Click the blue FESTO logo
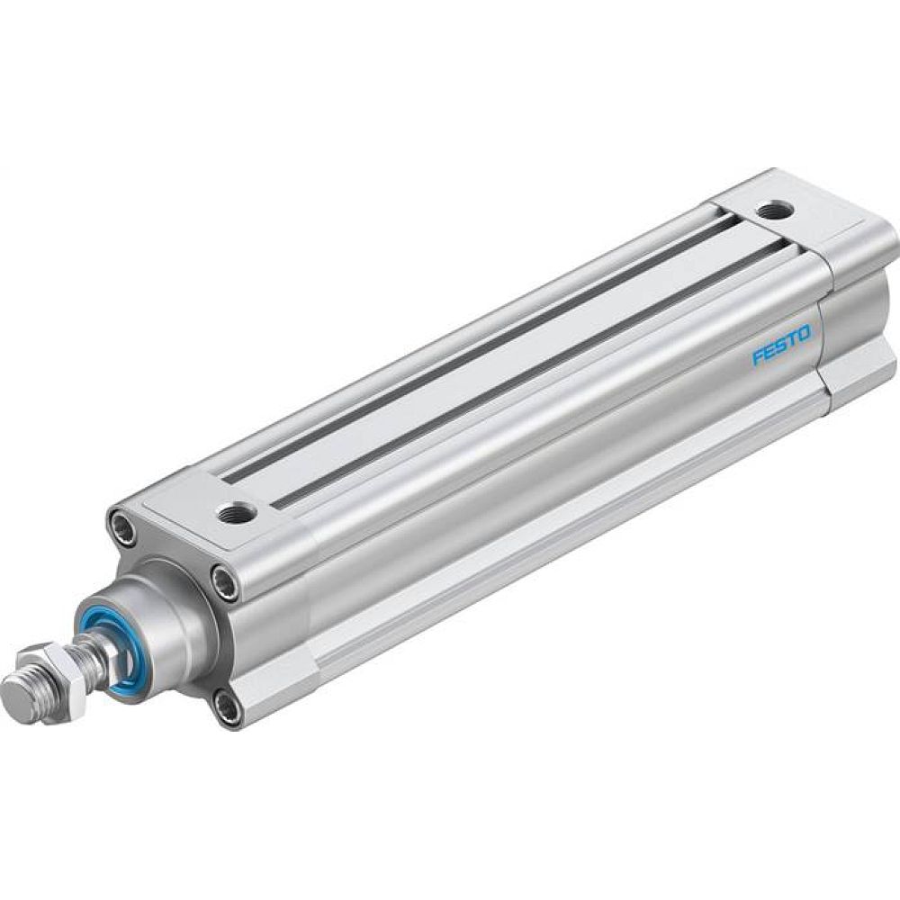(780, 345)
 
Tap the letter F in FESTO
(758, 357)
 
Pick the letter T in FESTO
(792, 339)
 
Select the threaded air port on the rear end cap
(771, 211)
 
